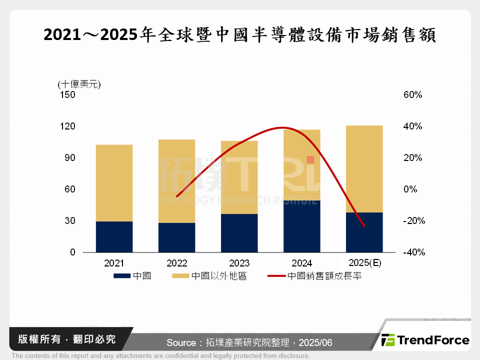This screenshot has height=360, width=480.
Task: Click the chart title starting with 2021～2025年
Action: [239, 35]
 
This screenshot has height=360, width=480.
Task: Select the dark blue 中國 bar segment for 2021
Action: [114, 236]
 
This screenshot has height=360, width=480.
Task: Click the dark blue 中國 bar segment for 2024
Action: [301, 226]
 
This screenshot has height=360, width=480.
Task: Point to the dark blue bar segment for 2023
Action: [239, 233]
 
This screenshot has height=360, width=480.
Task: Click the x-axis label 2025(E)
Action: [364, 263]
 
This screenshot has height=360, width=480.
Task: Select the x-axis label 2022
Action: [176, 263]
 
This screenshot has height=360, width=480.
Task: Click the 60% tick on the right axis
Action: [413, 94]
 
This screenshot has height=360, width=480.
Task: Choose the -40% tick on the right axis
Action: [413, 252]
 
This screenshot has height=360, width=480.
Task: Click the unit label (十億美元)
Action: [79, 83]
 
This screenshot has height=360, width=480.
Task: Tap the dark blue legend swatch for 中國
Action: [122, 275]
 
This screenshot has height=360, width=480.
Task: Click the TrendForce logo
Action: [425, 340]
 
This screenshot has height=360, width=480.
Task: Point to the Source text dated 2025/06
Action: [249, 342]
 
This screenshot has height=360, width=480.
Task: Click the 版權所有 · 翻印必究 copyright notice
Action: [67, 339]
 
